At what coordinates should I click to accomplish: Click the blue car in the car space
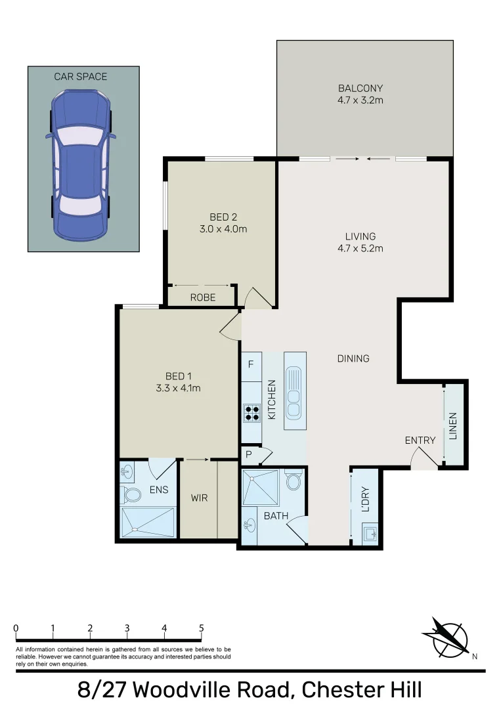point(81,164)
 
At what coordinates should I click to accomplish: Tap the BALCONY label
point(360,88)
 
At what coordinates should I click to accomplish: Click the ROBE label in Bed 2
point(203,297)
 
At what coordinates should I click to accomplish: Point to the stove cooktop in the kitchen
point(252,412)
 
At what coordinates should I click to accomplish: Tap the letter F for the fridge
point(251,363)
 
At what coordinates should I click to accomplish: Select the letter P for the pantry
point(250,454)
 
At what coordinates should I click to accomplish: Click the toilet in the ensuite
point(131,494)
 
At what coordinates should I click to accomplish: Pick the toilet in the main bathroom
point(294,483)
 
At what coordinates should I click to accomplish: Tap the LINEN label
point(452,425)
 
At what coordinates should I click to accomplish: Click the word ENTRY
point(420,440)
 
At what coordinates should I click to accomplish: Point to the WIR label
point(199,498)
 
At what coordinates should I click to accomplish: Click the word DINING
point(353,358)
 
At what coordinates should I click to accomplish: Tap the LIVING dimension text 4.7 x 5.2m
point(360,248)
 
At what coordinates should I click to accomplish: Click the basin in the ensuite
point(127,471)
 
